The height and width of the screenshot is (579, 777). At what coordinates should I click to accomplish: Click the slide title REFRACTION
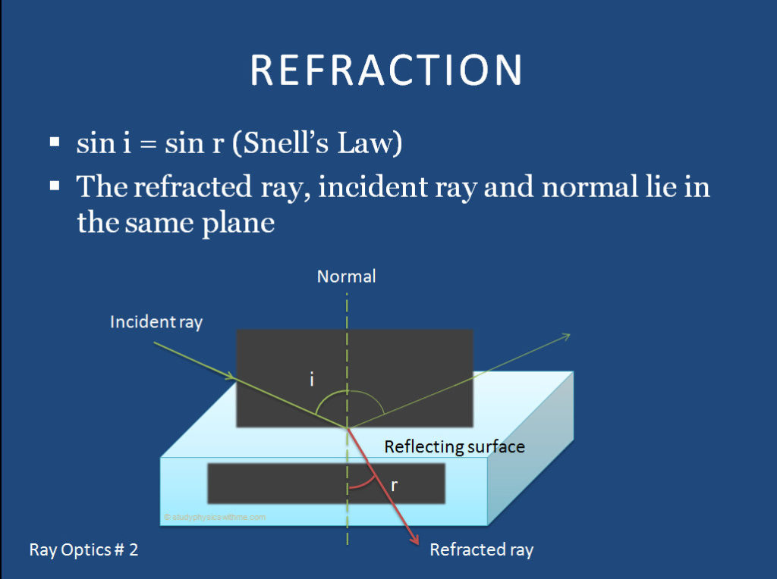click(x=386, y=70)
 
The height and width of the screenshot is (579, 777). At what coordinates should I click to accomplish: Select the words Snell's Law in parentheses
click(x=316, y=142)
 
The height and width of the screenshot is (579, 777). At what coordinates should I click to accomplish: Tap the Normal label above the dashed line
click(x=346, y=277)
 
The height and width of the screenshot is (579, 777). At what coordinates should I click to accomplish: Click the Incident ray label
click(x=156, y=321)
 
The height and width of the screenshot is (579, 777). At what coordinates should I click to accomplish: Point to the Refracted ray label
click(x=481, y=550)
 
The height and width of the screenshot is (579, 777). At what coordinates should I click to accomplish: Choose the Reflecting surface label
click(x=454, y=446)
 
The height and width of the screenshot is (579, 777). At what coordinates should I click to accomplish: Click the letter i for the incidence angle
click(x=312, y=379)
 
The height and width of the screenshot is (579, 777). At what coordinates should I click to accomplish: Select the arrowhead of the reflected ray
click(x=566, y=336)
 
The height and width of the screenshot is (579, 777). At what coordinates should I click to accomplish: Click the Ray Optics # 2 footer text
click(x=83, y=550)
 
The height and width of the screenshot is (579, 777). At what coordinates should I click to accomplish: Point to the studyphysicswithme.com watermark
click(x=215, y=517)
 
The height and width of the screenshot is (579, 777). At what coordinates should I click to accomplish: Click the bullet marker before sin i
click(x=55, y=142)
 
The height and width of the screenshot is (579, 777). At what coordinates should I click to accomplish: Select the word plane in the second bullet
click(x=238, y=224)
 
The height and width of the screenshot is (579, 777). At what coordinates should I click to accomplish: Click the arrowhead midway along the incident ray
click(x=230, y=374)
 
